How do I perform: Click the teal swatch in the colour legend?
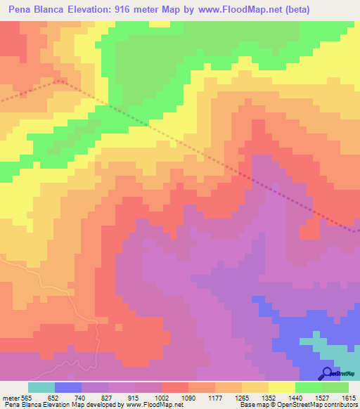tap(41, 387)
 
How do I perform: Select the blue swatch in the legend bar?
tap(67, 387)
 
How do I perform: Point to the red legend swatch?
tap(174, 387)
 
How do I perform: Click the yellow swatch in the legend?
tap(281, 387)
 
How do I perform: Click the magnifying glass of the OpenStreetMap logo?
tap(327, 372)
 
